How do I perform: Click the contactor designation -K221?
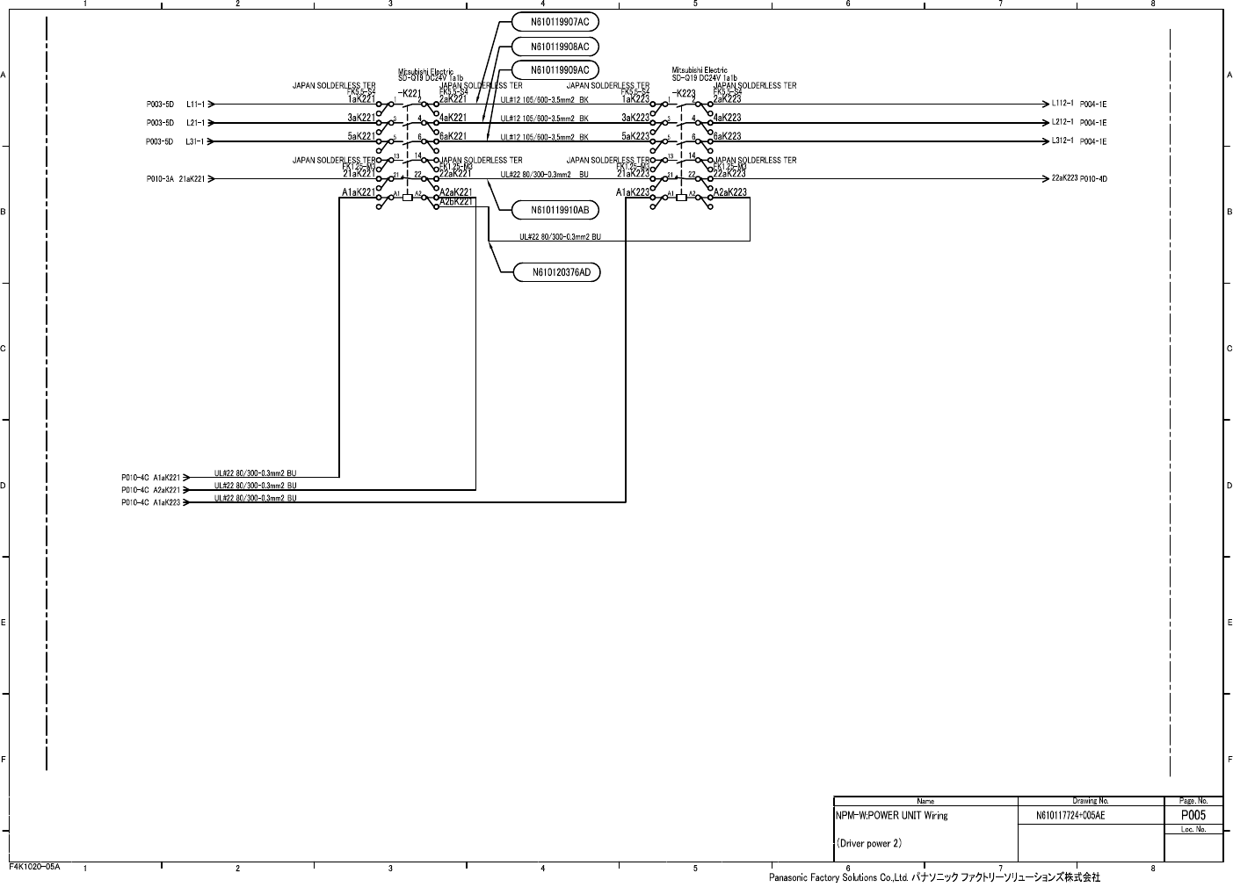click(x=410, y=94)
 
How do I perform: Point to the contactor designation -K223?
click(x=683, y=94)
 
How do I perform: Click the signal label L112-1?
click(x=1063, y=104)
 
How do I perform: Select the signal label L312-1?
click(x=1063, y=141)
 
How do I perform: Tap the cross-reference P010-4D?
click(x=1093, y=179)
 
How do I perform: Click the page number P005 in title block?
click(x=1193, y=815)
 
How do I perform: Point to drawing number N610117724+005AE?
click(x=1070, y=816)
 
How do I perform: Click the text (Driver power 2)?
click(x=869, y=844)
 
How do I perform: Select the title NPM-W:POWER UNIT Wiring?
click(x=891, y=816)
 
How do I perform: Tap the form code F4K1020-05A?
click(x=35, y=867)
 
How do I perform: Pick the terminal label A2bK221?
click(x=456, y=202)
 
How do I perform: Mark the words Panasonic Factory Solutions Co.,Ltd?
click(x=838, y=877)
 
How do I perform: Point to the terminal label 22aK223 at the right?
click(x=1064, y=178)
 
